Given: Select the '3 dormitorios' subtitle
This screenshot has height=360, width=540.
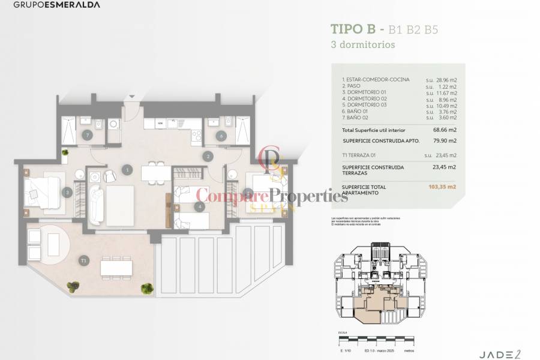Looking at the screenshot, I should (363, 44).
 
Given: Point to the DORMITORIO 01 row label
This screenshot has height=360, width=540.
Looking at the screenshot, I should (365, 92).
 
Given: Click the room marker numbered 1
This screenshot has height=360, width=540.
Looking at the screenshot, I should (127, 170).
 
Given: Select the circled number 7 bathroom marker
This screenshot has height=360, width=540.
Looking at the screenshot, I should (88, 135).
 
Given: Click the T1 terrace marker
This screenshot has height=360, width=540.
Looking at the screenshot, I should (83, 261).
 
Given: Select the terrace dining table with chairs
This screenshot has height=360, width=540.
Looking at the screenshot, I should (116, 265).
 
